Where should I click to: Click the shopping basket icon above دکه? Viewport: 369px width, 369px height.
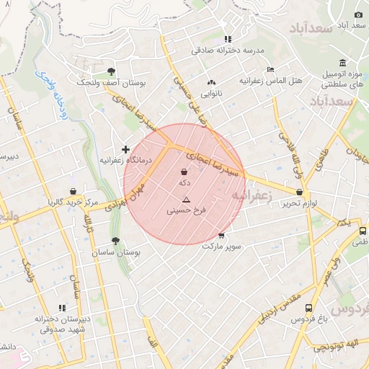pos(184,173)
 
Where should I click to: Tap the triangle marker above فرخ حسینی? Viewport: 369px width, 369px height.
pos(186,200)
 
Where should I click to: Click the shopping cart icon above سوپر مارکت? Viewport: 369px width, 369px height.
pos(221,236)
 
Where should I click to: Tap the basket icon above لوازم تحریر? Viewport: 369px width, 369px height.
pos(300,192)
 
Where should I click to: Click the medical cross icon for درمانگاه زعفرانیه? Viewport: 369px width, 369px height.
pos(125,149)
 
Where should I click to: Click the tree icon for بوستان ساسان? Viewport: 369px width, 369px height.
pos(115,241)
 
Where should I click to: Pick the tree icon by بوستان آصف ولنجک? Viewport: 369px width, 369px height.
pos(110,71)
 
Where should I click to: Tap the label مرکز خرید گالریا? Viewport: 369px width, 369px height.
pos(71,203)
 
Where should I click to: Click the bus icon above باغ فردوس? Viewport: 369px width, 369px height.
pos(309,308)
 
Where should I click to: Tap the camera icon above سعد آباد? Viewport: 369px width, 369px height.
pos(359,14)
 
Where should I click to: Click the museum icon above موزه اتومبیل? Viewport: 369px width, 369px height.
pos(342,63)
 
